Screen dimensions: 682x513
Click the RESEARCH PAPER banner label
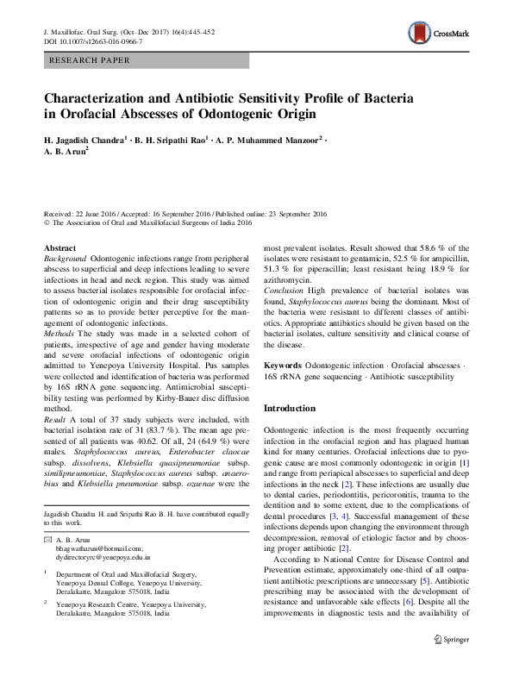(x=91, y=61)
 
